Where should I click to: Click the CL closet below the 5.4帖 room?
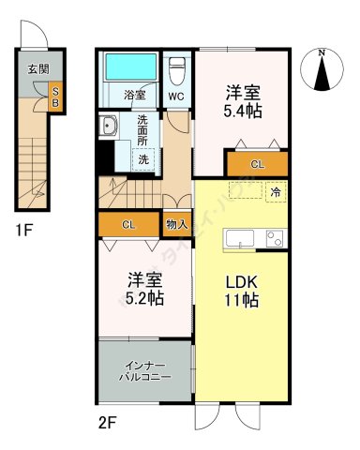click(x=256, y=164)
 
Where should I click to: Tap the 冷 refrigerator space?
click(x=276, y=191)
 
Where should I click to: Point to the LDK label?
click(x=241, y=282)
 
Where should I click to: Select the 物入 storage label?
click(x=176, y=225)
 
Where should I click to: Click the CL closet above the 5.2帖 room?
click(x=129, y=225)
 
